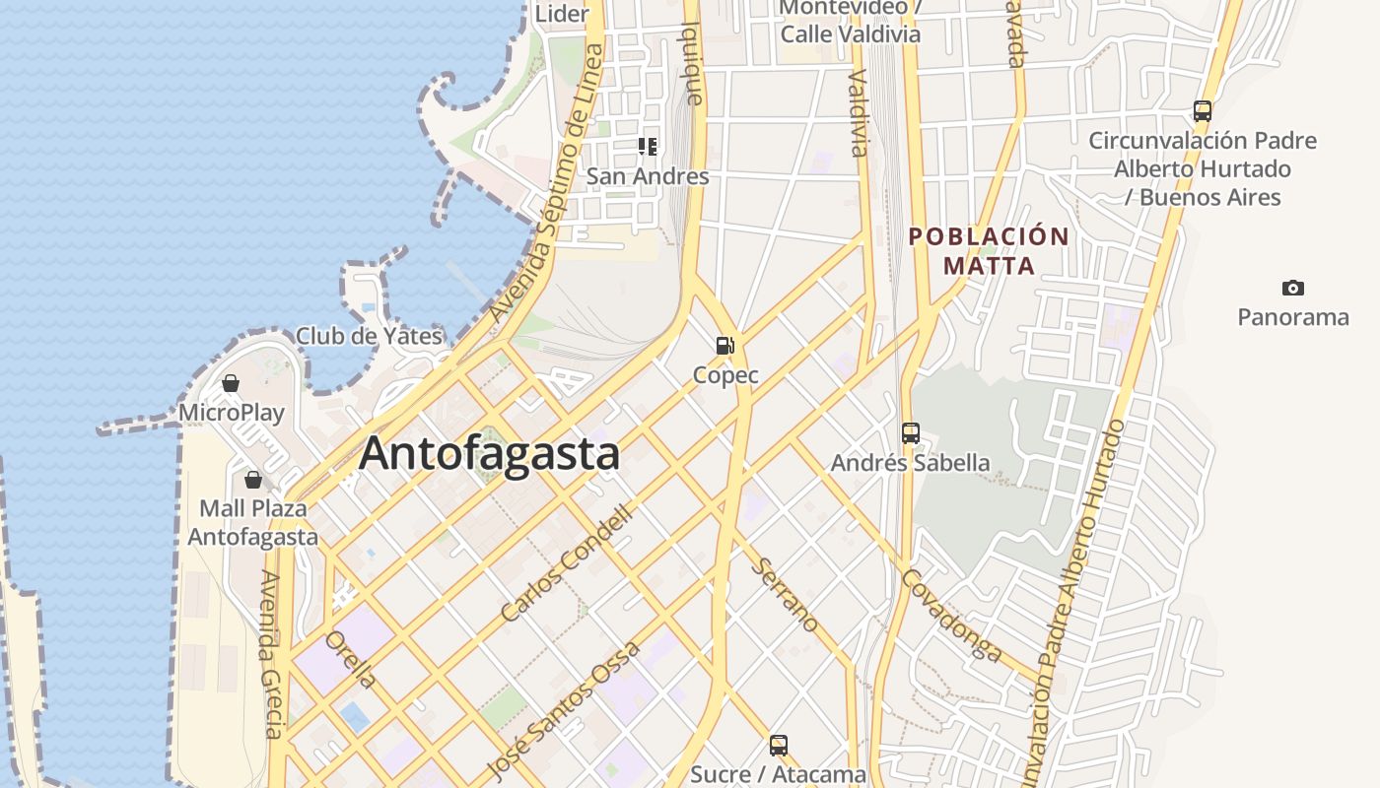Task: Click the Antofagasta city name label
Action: point(489,454)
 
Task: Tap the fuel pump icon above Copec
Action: point(725,345)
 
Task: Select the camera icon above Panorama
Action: point(1292,288)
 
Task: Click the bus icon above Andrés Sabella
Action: point(910,432)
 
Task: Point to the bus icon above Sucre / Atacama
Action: point(778,745)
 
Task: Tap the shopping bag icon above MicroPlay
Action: point(231,382)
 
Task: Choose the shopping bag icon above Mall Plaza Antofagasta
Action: point(253,480)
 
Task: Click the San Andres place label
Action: point(648,176)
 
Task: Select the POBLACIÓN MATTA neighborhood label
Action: point(989,250)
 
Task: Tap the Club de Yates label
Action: point(369,336)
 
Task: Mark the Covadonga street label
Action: point(952,615)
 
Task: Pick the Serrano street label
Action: point(786,595)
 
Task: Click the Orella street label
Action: point(351,659)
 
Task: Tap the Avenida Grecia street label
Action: point(272,654)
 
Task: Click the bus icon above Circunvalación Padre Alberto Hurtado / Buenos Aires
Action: point(1202,111)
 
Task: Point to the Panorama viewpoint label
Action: point(1292,317)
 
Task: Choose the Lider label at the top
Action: point(561,14)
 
